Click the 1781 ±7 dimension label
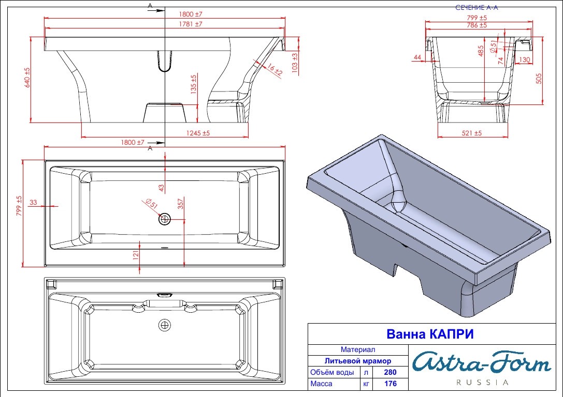(x=191, y=24)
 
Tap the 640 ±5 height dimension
(x=27, y=78)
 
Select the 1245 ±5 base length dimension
(x=198, y=133)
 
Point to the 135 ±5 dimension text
(x=194, y=84)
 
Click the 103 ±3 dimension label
(x=295, y=63)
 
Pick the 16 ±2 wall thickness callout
(x=275, y=69)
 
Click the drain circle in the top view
(x=165, y=219)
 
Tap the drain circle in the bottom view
(x=165, y=325)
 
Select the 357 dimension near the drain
(x=181, y=203)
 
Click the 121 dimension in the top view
(x=136, y=255)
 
